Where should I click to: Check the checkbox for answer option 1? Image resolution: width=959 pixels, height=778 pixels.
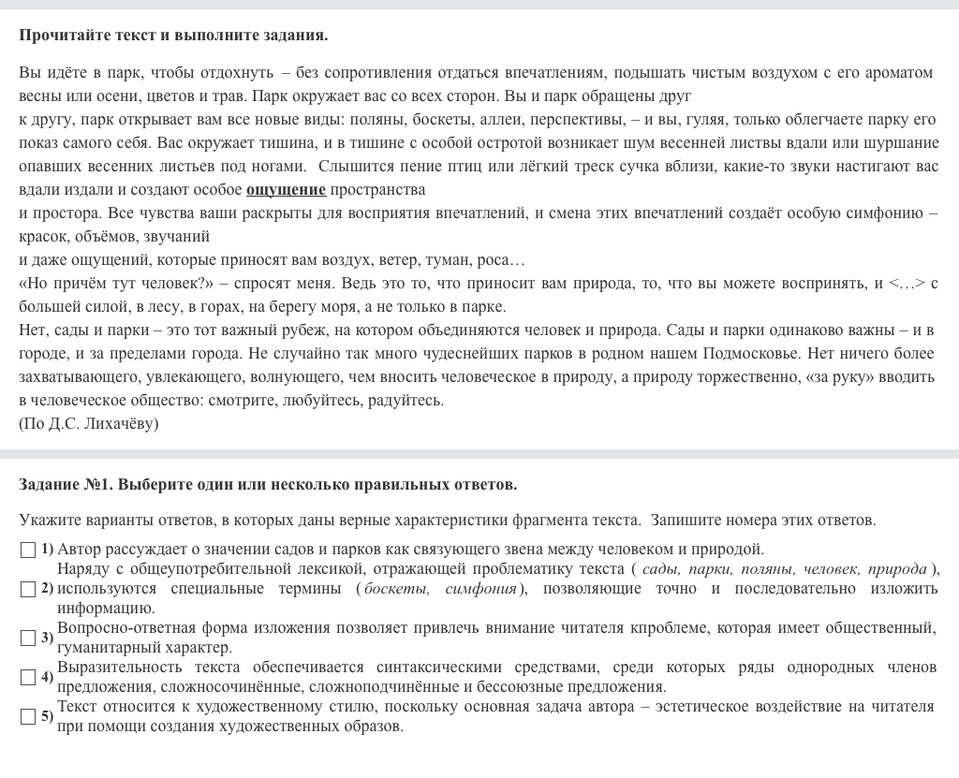[28, 550]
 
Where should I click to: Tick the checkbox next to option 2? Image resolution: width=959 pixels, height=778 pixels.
[28, 589]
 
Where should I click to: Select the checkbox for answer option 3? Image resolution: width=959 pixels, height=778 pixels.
[28, 638]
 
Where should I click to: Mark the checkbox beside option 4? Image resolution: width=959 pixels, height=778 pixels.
[28, 677]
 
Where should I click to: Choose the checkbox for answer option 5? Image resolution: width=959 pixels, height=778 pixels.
[28, 716]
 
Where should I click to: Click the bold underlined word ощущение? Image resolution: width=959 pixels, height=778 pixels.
[286, 190]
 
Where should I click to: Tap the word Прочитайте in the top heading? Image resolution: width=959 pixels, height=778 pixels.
[59, 36]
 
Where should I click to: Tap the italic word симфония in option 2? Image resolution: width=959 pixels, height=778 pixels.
[480, 589]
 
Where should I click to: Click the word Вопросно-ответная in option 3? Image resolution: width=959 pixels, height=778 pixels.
[122, 628]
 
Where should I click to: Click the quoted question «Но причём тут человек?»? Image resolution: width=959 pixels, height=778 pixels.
[116, 284]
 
